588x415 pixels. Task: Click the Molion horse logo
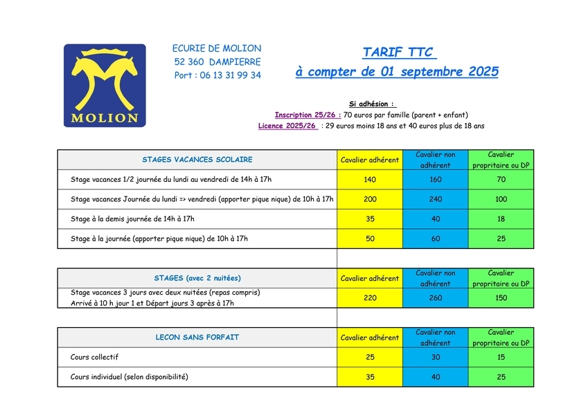pos(105,85)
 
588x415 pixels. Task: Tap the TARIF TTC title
pos(397,53)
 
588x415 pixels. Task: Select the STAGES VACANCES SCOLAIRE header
pos(197,160)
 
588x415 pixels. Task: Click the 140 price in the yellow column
pos(369,180)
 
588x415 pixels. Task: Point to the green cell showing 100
pos(501,199)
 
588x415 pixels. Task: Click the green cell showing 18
pos(501,219)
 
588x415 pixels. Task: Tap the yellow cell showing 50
pos(369,239)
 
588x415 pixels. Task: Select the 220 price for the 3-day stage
pos(369,297)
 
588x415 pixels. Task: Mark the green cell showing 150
pos(501,297)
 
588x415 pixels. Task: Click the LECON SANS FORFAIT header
pos(197,338)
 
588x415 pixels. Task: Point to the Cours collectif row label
pos(95,357)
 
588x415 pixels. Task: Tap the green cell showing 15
pos(501,357)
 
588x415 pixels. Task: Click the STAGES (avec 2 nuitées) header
pos(197,278)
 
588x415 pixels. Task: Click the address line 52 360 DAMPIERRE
pos(217,62)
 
